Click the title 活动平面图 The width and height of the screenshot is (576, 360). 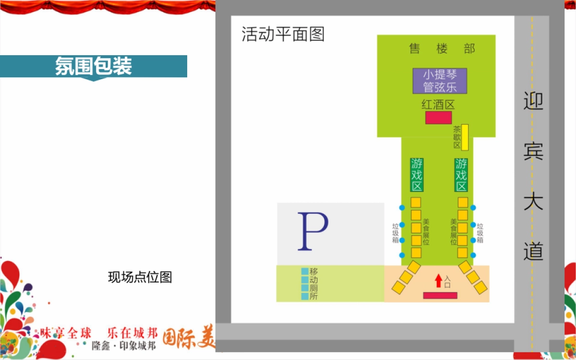283,35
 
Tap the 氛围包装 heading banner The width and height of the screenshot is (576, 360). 94,66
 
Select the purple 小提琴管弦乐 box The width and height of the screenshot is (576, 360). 440,81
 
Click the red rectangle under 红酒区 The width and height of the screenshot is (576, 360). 438,118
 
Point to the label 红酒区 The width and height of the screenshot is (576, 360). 438,105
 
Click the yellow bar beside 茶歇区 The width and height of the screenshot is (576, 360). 465,137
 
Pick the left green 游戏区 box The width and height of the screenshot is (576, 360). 417,175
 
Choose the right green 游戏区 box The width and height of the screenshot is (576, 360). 461,175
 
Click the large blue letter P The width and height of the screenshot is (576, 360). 312,232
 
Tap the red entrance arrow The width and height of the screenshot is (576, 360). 438,280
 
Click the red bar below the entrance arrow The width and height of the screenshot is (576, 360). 440,295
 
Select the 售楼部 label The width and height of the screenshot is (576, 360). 442,48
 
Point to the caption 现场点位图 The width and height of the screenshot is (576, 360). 140,277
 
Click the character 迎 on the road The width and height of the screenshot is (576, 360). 533,101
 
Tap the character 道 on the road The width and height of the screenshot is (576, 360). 533,251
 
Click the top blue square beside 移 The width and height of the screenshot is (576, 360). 304,271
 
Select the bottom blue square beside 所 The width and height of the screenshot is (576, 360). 304,297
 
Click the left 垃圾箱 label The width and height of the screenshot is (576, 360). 396,233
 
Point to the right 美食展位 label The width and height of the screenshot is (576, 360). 453,232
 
